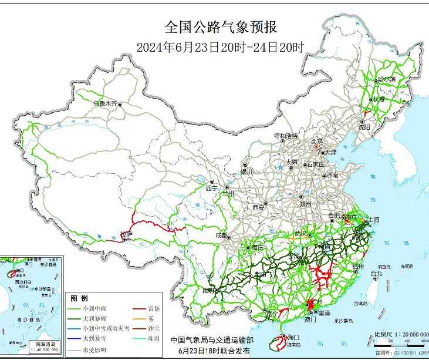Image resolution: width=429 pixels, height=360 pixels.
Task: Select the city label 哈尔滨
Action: click(x=387, y=79)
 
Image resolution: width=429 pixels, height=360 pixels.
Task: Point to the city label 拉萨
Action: click(x=127, y=234)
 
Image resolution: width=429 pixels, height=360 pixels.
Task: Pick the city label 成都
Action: click(x=222, y=235)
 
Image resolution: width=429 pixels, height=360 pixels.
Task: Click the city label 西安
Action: click(x=258, y=207)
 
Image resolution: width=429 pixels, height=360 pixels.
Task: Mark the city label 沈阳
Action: click(x=364, y=126)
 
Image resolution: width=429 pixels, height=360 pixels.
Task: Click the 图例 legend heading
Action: click(x=79, y=298)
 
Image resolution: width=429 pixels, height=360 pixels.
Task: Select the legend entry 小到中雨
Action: click(x=95, y=308)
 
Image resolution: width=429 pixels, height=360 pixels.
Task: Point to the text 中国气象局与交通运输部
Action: click(x=212, y=339)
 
